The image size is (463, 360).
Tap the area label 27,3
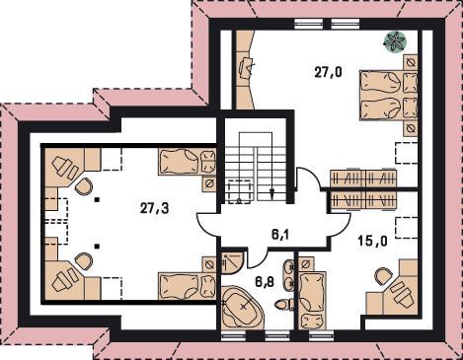(155, 208)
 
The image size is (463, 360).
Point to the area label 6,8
(265, 281)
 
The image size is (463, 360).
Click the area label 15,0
(372, 242)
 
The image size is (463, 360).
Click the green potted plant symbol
(395, 41)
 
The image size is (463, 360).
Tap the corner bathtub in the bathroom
(242, 307)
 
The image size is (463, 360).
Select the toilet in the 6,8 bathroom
(284, 304)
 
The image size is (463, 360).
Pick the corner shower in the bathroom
(232, 262)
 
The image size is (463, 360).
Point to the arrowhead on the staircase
(271, 194)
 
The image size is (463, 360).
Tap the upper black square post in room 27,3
(97, 199)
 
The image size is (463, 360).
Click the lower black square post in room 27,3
(97, 246)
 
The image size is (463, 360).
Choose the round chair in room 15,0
(384, 276)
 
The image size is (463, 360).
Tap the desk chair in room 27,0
(247, 66)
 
